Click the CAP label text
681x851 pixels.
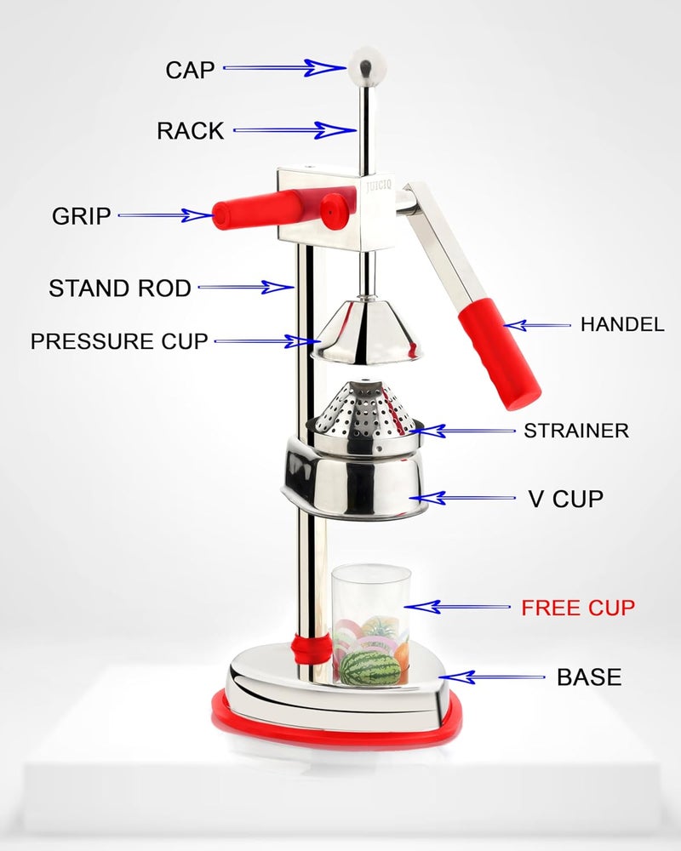tap(190, 70)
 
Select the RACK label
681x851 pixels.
tap(190, 131)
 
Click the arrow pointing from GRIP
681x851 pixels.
tap(165, 215)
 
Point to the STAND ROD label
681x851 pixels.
tap(120, 288)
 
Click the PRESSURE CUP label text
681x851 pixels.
tap(119, 341)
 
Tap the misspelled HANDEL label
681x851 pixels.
tap(622, 324)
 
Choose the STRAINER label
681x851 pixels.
tap(576, 431)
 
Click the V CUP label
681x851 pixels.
tap(566, 499)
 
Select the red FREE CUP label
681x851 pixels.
tap(578, 608)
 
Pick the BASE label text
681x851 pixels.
tap(589, 677)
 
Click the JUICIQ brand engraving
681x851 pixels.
tap(379, 185)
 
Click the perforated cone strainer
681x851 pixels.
tap(364, 413)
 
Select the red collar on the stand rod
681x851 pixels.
tap(312, 648)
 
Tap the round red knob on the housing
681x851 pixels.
tap(335, 211)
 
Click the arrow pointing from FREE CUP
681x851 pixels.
tap(457, 606)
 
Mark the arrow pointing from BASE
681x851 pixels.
tap(492, 677)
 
